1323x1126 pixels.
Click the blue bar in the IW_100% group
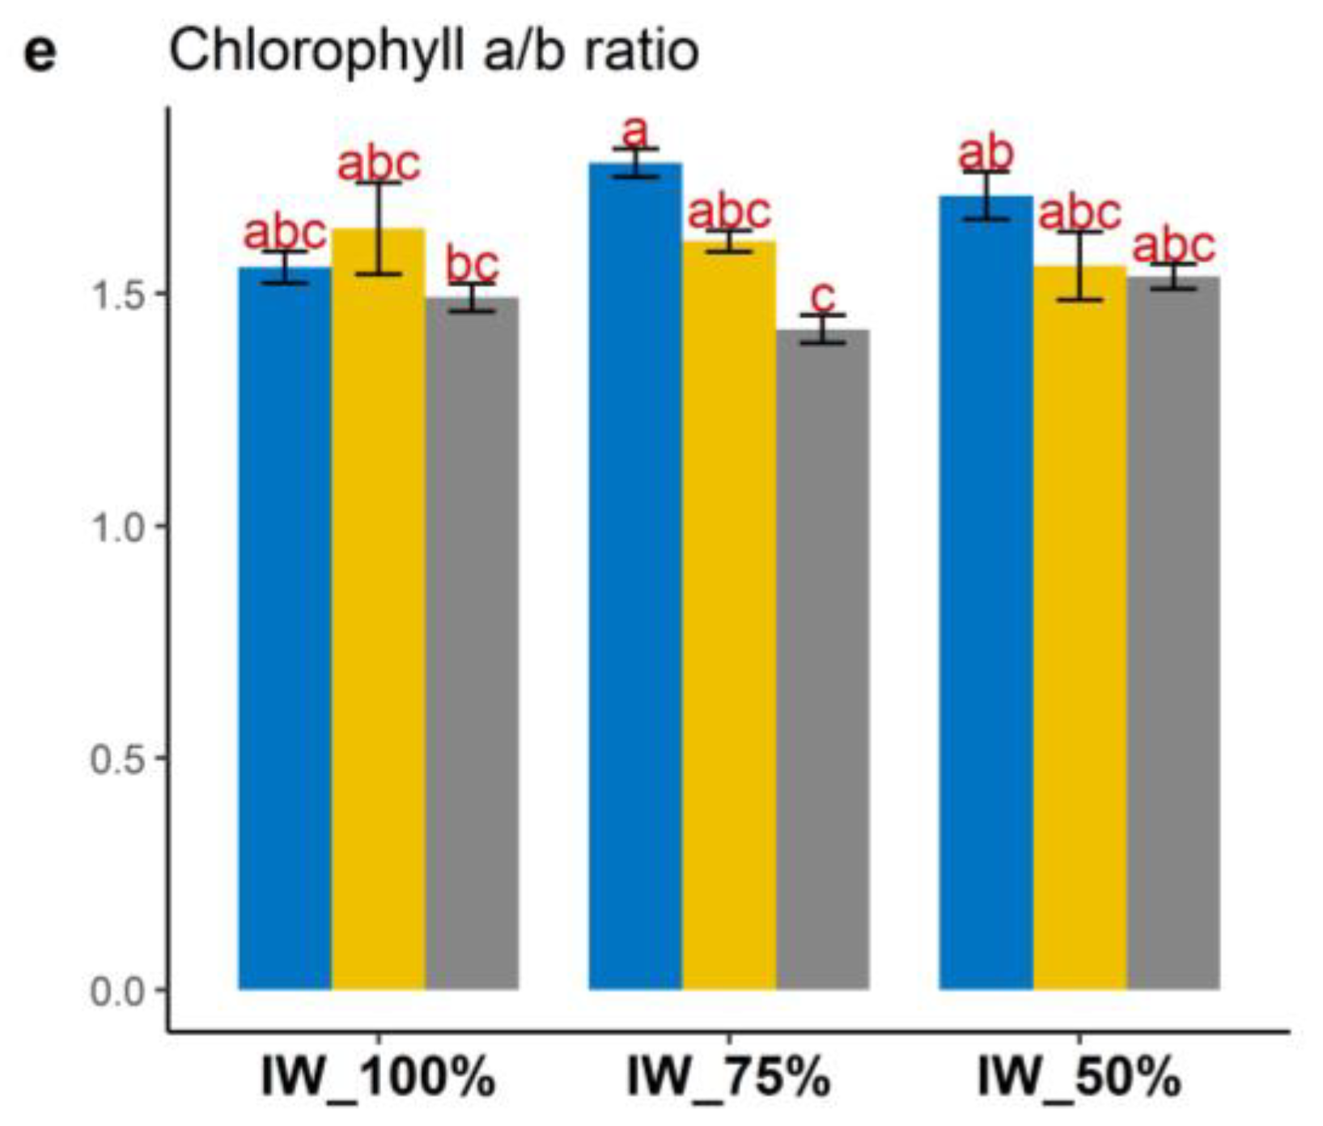[x=285, y=631]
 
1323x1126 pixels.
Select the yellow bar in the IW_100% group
[x=379, y=615]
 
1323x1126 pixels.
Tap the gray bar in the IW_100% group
[x=473, y=647]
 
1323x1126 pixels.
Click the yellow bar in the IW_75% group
[x=729, y=615]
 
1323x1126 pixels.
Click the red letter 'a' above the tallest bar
[x=636, y=129]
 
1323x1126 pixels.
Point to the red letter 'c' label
[x=823, y=297]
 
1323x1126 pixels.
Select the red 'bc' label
[x=473, y=265]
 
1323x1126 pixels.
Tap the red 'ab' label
[x=986, y=153]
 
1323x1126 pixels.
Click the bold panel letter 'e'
[x=40, y=53]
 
